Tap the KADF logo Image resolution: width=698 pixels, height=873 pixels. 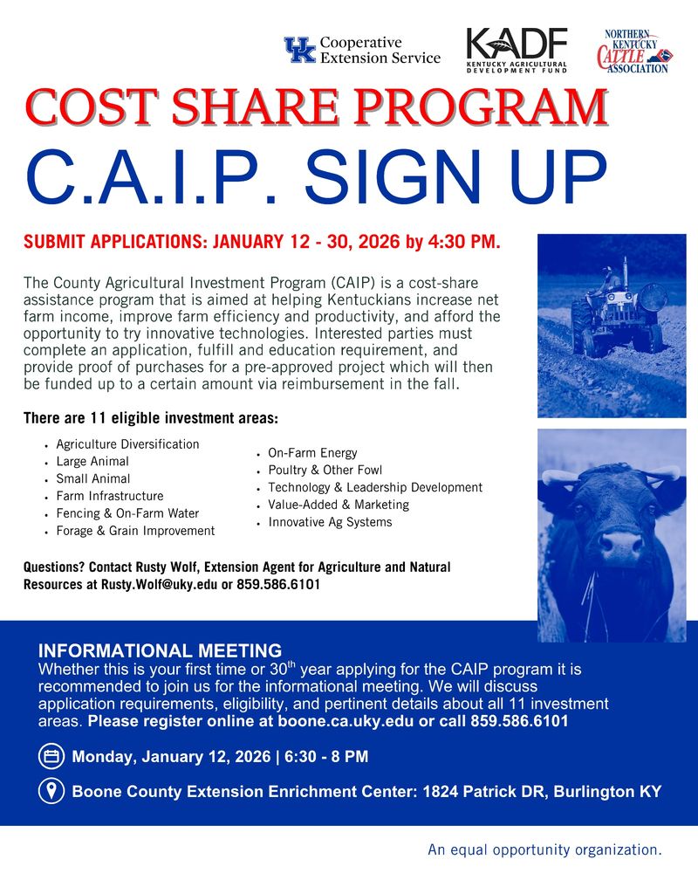tap(517, 51)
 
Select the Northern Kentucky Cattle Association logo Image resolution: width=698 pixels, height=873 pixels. tap(633, 51)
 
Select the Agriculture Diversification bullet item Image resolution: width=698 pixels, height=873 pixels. tap(127, 444)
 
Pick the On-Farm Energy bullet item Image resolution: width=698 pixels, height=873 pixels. tap(312, 453)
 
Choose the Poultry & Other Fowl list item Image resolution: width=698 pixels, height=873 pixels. tap(325, 471)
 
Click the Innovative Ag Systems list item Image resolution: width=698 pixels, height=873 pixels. tap(330, 522)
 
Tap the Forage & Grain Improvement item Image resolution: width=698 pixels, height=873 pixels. tap(135, 531)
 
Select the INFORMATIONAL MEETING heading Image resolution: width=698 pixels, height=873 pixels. tap(160, 650)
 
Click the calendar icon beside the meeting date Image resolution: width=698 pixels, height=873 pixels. tap(51, 756)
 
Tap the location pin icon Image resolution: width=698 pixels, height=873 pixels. tap(51, 792)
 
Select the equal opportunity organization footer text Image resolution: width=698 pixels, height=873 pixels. tap(544, 849)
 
